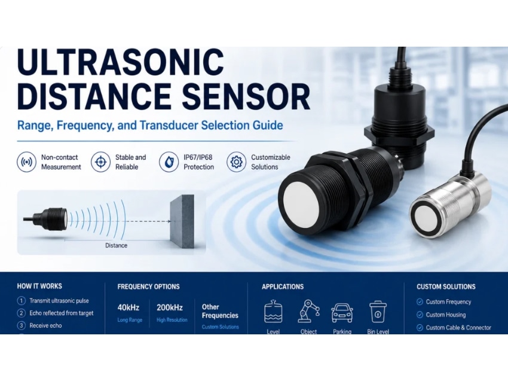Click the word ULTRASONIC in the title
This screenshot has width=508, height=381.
pos(121,62)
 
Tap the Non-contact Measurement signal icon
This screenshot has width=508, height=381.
pos(26,161)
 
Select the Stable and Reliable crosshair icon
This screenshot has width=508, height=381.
pos(101,161)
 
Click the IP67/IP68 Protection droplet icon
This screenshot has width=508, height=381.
pos(169,161)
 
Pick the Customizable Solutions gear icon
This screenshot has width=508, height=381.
pos(237,161)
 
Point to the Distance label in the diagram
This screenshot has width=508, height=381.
pos(116,245)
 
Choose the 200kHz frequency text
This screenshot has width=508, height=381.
pos(170,307)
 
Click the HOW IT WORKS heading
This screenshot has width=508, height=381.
pos(39,286)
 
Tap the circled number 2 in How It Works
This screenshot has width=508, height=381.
pos(21,313)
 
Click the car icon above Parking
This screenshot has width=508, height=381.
pos(342,313)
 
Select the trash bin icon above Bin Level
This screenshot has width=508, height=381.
pos(378,312)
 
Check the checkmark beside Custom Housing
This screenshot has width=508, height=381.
pos(420,315)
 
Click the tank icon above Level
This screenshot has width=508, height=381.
pos(274,311)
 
